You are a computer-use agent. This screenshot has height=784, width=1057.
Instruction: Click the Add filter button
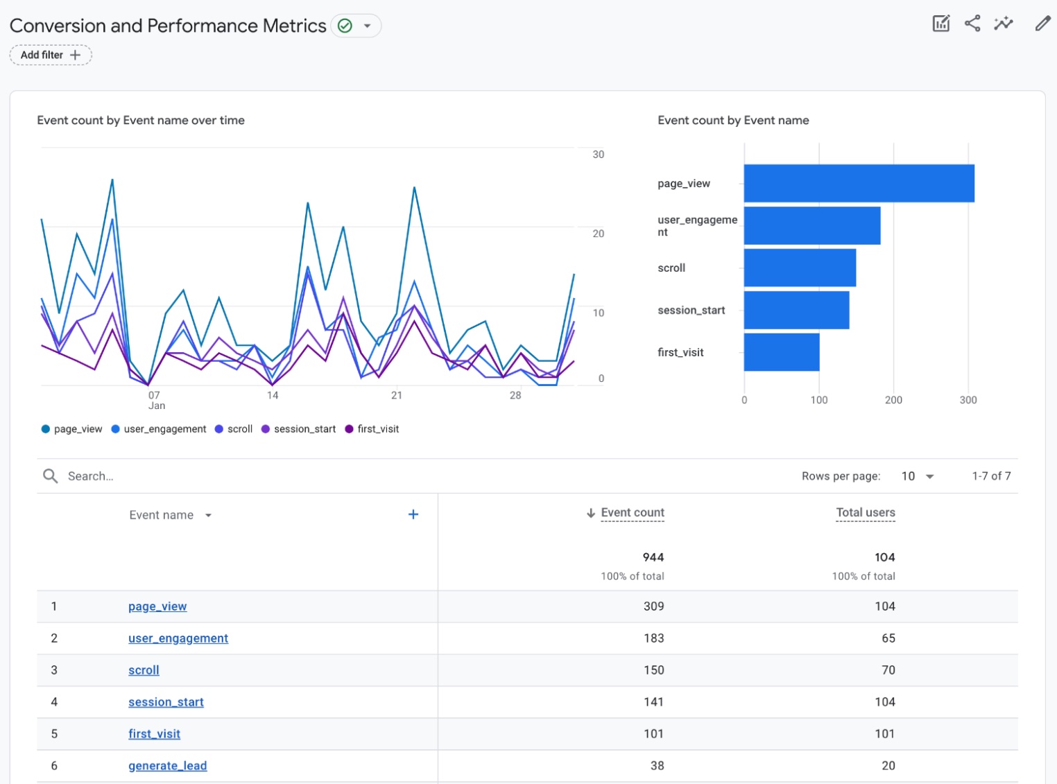pyautogui.click(x=51, y=55)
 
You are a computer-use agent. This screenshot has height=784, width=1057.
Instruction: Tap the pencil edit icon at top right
pyautogui.click(x=1042, y=24)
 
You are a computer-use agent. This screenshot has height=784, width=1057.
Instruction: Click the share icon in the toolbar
pyautogui.click(x=972, y=24)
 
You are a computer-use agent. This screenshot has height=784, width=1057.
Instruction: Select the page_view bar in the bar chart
pyautogui.click(x=859, y=184)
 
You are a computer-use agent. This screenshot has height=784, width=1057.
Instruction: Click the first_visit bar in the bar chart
pyautogui.click(x=781, y=352)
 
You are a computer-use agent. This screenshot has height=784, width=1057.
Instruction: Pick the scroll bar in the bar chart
pyautogui.click(x=799, y=268)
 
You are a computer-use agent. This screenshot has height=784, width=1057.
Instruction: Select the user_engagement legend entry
pyautogui.click(x=159, y=429)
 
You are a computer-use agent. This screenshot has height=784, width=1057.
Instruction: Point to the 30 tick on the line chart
pyautogui.click(x=598, y=155)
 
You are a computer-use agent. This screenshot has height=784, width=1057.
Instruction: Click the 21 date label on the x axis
pyautogui.click(x=397, y=395)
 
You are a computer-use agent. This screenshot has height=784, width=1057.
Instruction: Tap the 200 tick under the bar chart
pyautogui.click(x=893, y=400)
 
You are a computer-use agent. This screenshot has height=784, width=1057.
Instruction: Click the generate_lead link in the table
pyautogui.click(x=167, y=766)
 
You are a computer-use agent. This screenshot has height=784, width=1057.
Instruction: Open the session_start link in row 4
pyautogui.click(x=166, y=702)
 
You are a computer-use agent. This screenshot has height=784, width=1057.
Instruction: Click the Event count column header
pyautogui.click(x=632, y=513)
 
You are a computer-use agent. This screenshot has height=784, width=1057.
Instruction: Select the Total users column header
pyautogui.click(x=865, y=513)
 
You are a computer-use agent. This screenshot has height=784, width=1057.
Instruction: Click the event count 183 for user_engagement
pyautogui.click(x=653, y=638)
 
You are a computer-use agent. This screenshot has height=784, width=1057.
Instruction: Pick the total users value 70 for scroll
pyautogui.click(x=888, y=670)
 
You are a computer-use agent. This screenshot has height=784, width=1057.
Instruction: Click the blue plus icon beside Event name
pyautogui.click(x=413, y=514)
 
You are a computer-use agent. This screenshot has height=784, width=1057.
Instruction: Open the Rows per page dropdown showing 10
pyautogui.click(x=917, y=476)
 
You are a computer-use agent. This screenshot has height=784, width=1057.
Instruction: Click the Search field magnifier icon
pyautogui.click(x=51, y=476)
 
